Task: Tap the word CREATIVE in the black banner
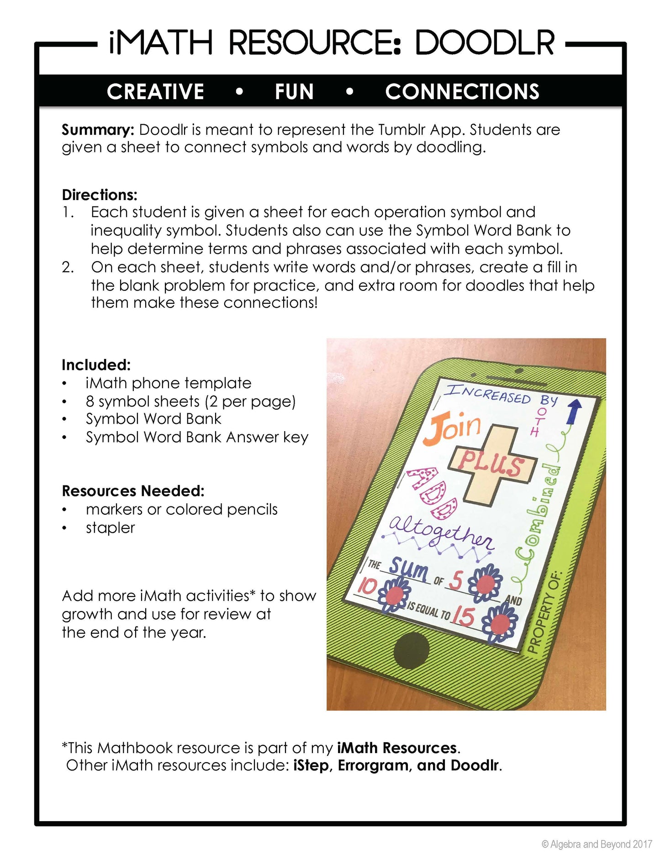(155, 92)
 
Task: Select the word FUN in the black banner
(294, 92)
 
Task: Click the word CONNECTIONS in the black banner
(462, 92)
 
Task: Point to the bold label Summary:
(98, 130)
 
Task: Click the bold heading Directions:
(100, 195)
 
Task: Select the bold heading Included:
(96, 365)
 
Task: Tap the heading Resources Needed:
(133, 491)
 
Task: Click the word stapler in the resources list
(110, 528)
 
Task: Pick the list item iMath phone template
(168, 383)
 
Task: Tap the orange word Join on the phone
(454, 428)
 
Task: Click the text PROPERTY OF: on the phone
(545, 612)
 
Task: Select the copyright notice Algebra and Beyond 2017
(597, 844)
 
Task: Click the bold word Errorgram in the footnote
(373, 765)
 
